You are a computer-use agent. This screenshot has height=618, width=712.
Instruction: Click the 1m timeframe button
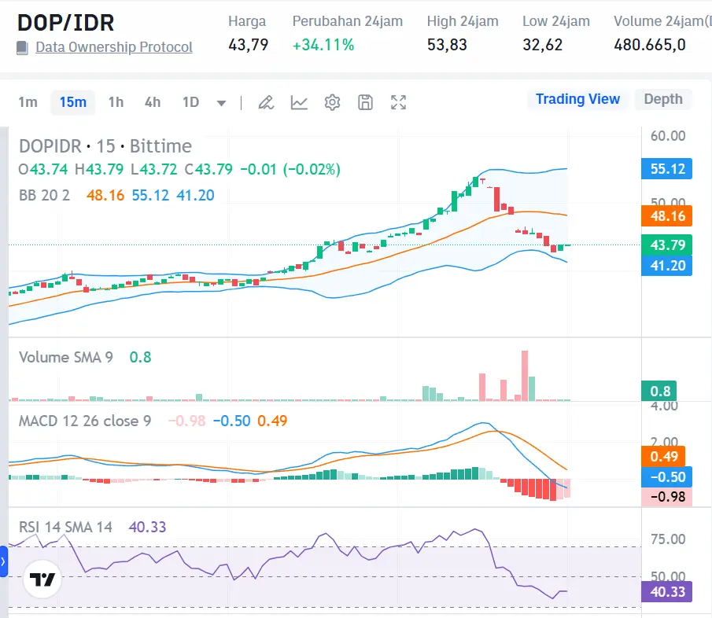(28, 102)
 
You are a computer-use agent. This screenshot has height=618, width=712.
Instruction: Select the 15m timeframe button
(73, 102)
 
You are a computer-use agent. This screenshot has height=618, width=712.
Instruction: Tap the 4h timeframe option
(153, 102)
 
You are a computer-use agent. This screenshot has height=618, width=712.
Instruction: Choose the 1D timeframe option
(190, 102)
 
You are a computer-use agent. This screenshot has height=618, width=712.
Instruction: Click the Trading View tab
(577, 99)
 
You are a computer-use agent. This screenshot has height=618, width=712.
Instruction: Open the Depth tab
(663, 99)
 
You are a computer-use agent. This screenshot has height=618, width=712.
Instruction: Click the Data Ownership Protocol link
(114, 47)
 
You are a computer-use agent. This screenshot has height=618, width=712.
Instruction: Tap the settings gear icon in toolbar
(332, 102)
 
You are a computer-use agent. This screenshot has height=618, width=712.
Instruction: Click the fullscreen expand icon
(399, 102)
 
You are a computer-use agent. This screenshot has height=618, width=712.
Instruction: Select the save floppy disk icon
(365, 102)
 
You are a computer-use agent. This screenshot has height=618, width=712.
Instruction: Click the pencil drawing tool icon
(266, 102)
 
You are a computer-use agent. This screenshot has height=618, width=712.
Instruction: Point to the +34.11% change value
(323, 45)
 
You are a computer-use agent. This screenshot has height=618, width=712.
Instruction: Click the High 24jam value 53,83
(447, 45)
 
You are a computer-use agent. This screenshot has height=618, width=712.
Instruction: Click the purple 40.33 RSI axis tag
(666, 591)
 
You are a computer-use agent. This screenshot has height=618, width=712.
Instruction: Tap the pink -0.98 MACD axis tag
(666, 497)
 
